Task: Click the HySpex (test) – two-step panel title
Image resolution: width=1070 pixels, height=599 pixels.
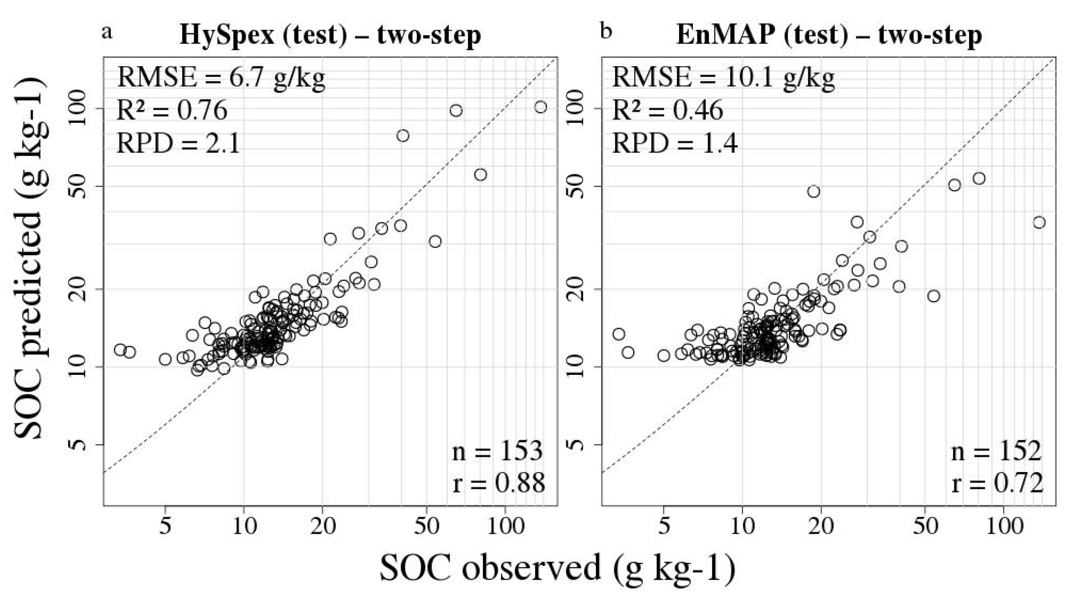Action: [x=330, y=35]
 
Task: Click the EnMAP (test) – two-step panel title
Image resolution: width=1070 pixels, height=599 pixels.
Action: [x=829, y=35]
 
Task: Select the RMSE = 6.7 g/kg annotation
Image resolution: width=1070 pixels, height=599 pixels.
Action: [x=221, y=77]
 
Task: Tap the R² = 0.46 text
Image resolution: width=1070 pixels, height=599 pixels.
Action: [x=668, y=110]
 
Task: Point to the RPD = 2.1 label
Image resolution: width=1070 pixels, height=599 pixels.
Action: [x=178, y=144]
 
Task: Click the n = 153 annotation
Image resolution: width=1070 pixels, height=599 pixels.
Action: [x=498, y=451]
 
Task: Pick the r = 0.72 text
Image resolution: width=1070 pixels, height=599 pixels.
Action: [x=997, y=484]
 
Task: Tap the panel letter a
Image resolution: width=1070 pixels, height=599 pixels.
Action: [x=107, y=32]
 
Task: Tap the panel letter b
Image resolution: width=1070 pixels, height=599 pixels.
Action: [x=606, y=32]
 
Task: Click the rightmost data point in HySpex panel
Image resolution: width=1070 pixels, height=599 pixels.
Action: [x=540, y=107]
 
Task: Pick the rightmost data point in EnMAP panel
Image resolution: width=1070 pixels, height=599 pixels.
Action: [x=1039, y=223]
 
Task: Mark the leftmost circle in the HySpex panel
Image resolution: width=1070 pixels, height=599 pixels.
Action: [x=120, y=350]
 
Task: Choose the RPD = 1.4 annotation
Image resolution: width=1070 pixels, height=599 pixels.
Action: [x=675, y=144]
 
